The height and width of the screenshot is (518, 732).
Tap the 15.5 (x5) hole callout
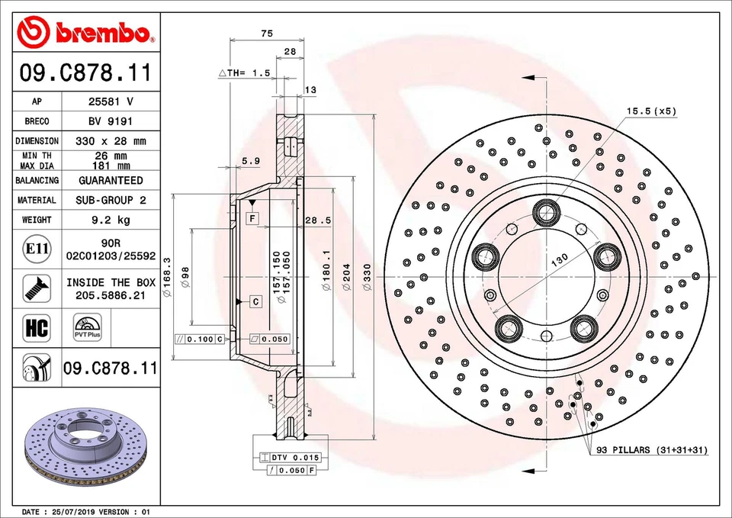point(651,111)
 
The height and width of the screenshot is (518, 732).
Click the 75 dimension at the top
point(267,34)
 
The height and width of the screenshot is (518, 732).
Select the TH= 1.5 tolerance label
point(246,73)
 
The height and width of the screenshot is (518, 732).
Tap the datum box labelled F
point(251,219)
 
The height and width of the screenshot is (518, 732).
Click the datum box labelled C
point(255,302)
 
